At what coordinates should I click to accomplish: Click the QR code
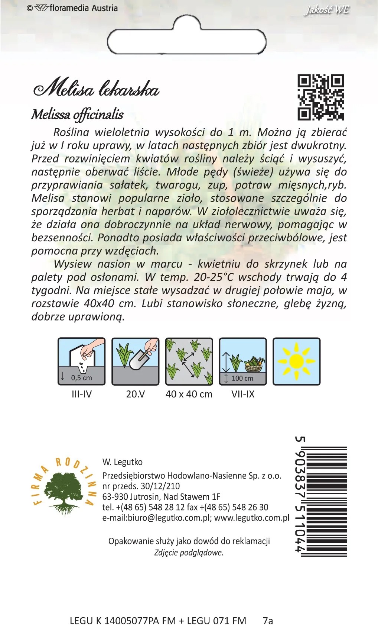(x=321, y=97)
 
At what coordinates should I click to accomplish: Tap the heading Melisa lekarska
(x=97, y=89)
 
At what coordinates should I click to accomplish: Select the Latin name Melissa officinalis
(x=77, y=115)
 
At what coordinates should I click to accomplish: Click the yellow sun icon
(x=296, y=361)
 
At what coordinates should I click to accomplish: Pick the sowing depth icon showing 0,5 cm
(x=82, y=361)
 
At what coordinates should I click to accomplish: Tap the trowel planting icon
(x=136, y=361)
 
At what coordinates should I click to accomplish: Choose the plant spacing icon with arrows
(x=189, y=361)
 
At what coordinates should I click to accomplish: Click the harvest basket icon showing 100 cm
(x=243, y=361)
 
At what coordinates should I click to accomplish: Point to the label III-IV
(x=82, y=394)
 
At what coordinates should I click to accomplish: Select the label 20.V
(x=136, y=394)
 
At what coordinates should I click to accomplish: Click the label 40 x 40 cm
(x=189, y=394)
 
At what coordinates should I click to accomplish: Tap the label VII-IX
(x=243, y=394)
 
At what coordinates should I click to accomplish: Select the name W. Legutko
(x=123, y=462)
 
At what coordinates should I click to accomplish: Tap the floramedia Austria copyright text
(x=72, y=8)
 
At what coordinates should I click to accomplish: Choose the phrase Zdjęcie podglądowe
(x=189, y=553)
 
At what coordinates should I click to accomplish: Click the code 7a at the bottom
(x=268, y=621)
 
